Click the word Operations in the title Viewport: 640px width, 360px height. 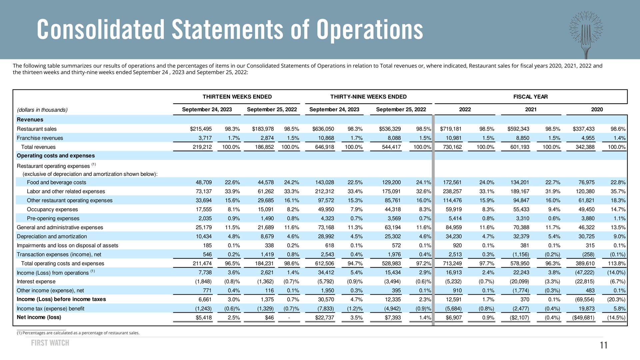tap(370, 30)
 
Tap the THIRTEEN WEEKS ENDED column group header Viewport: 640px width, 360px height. tap(237, 97)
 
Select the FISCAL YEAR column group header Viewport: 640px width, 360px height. tap(530, 97)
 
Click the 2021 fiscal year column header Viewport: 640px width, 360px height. tap(531, 109)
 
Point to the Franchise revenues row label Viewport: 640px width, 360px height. tap(40, 138)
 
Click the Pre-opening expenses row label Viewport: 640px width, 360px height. tap(53, 218)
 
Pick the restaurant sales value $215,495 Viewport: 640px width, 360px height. tap(201, 129)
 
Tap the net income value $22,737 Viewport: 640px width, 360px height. tap(324, 318)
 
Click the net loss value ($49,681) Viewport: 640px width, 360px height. tap(583, 318)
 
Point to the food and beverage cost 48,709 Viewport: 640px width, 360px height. tap(204, 182)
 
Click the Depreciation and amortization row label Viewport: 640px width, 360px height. tap(52, 236)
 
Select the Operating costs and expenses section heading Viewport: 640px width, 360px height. tap(56, 156)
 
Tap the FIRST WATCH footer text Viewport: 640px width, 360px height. tap(50, 343)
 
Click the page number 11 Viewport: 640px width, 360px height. tap(604, 345)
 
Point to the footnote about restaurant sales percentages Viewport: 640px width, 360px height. tap(78, 333)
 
